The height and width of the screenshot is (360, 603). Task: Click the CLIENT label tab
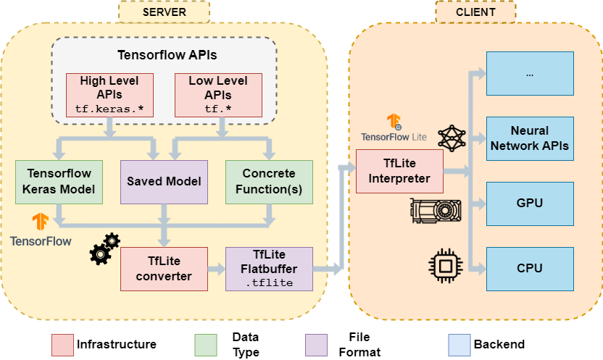(475, 12)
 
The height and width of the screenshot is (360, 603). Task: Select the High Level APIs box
(109, 95)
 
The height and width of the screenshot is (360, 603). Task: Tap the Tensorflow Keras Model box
(59, 181)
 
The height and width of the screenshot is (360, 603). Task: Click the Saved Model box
(164, 181)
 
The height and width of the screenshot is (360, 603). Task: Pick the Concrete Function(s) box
(269, 181)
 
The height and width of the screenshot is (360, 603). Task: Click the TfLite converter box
(164, 269)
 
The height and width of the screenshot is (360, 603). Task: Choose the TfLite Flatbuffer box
(269, 269)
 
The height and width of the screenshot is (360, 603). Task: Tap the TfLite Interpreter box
(399, 171)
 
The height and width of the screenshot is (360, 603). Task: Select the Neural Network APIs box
(530, 138)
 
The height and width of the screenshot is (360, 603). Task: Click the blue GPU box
(530, 204)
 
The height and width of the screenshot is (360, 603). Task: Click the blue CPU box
(530, 269)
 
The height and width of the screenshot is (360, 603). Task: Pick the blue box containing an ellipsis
(530, 73)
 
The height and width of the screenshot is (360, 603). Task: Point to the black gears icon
(104, 248)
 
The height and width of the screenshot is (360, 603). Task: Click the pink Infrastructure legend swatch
(63, 344)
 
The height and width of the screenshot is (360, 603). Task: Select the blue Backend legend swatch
(459, 344)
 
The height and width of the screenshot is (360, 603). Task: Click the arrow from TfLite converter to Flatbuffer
(216, 269)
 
